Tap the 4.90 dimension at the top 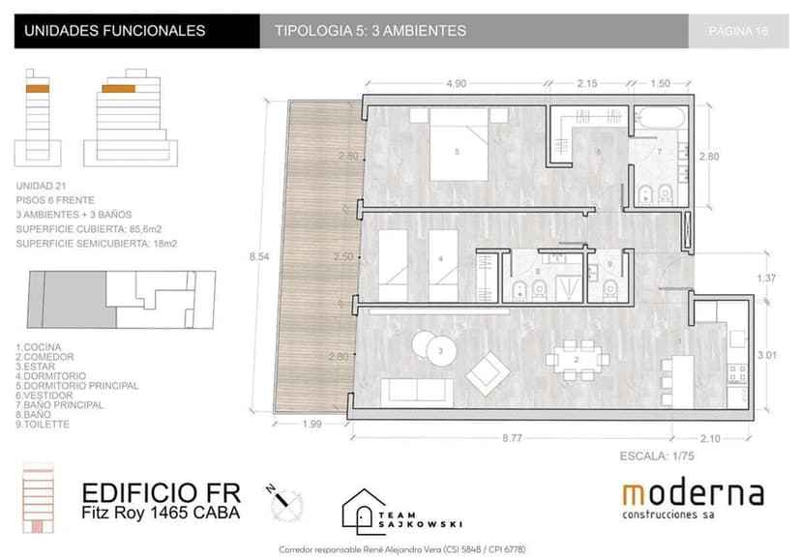coord(455,83)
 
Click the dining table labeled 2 coord(578,360)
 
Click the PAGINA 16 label coord(738,31)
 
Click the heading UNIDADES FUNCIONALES coord(114,31)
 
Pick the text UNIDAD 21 coord(43,183)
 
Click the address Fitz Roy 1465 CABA coord(160,512)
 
